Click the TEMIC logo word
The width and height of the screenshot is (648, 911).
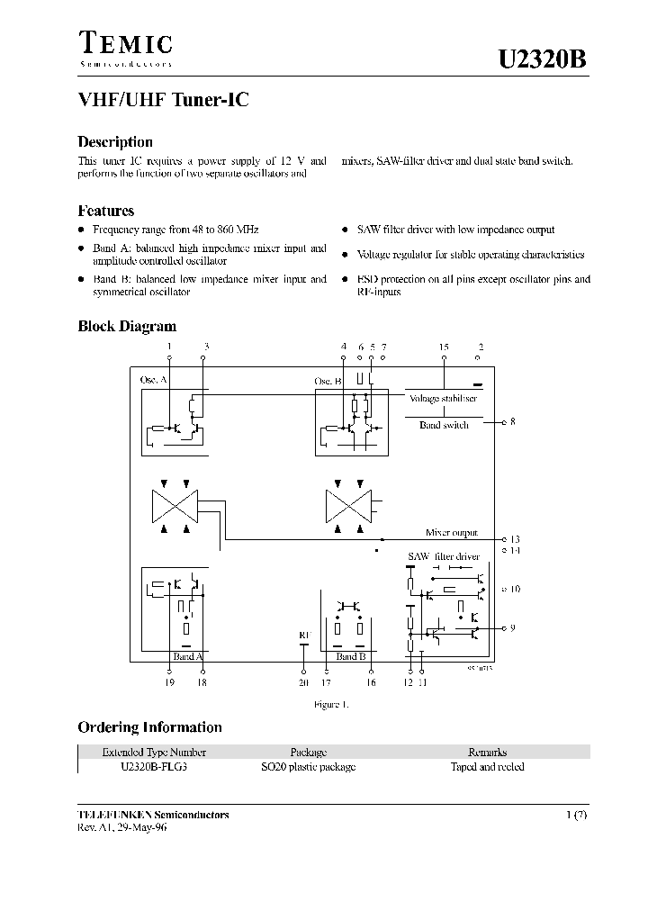[x=125, y=43]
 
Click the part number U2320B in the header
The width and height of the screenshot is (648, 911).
[x=543, y=59]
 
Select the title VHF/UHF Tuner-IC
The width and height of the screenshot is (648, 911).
[x=163, y=101]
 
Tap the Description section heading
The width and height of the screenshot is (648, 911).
[x=115, y=141]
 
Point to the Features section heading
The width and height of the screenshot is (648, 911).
[x=106, y=211]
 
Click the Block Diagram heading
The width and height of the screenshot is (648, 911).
[x=127, y=327]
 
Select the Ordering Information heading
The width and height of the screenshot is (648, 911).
[x=149, y=727]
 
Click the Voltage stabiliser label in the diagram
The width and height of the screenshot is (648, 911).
[x=443, y=398]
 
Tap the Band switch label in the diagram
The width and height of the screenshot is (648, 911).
[x=444, y=425]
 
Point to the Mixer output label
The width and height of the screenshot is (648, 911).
[x=452, y=533]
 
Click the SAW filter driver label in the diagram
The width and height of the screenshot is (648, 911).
[x=444, y=557]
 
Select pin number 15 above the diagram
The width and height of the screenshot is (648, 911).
[x=444, y=347]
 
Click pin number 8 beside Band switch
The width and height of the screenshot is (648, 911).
[x=512, y=421]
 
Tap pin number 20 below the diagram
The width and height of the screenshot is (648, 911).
[x=302, y=683]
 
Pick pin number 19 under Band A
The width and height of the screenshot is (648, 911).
[x=170, y=683]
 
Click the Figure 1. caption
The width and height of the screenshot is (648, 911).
[x=330, y=705]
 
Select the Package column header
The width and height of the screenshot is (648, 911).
[x=308, y=752]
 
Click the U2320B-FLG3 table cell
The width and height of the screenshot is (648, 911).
[x=154, y=767]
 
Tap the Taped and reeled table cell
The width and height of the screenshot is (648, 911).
[x=487, y=767]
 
